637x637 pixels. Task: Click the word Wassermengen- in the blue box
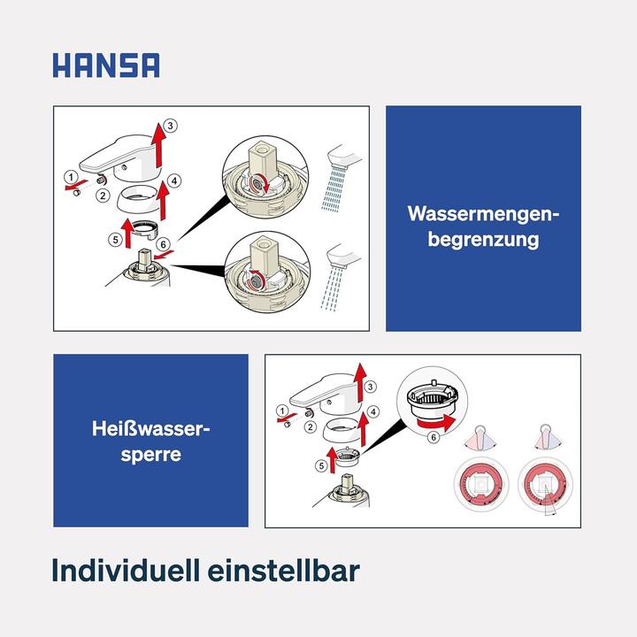coord(483,214)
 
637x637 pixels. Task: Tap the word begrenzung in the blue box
coord(483,240)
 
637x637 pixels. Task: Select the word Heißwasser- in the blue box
coord(150,429)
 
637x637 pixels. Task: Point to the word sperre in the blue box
coord(150,455)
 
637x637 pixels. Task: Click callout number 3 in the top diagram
coord(172,125)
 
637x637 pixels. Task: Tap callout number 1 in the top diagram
coord(69,178)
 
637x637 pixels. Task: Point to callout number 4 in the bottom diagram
coord(374,412)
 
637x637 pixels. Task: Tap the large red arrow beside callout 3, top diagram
coord(159,145)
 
